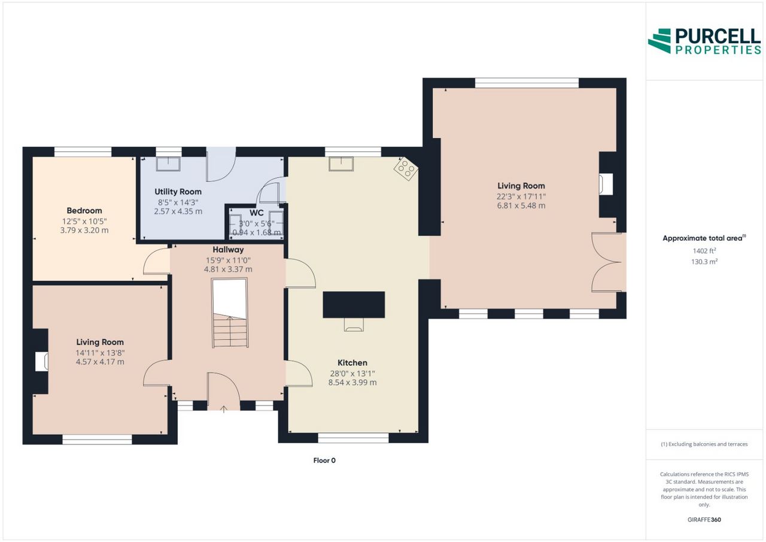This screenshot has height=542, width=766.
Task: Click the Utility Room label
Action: click(x=178, y=192)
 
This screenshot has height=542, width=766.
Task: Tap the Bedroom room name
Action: click(x=84, y=210)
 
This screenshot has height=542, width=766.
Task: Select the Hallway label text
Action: click(x=228, y=250)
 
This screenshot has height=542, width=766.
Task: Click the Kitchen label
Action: click(x=352, y=363)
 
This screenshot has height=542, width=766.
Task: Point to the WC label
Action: click(x=256, y=213)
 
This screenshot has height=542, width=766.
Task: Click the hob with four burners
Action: click(x=406, y=169)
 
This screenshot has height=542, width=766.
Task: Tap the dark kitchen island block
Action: click(x=354, y=304)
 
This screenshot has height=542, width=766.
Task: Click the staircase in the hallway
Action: click(x=230, y=313)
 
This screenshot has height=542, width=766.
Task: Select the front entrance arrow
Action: click(x=224, y=409)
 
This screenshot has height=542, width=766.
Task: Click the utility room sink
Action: click(x=168, y=164)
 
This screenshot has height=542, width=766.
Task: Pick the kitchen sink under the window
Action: click(x=341, y=164)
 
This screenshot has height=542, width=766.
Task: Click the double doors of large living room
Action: click(x=606, y=262)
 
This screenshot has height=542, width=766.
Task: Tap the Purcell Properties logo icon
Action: click(x=659, y=41)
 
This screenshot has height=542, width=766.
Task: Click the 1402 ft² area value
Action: click(x=704, y=251)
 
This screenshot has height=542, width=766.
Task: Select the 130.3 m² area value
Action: click(x=704, y=262)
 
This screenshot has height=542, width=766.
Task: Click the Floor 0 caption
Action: click(x=324, y=461)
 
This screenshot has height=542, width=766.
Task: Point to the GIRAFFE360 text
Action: click(x=704, y=520)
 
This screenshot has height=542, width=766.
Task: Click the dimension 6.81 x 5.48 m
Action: click(x=521, y=205)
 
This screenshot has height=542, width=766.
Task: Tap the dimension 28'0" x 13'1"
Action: click(x=352, y=374)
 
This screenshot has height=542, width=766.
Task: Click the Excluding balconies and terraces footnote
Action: click(x=704, y=444)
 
